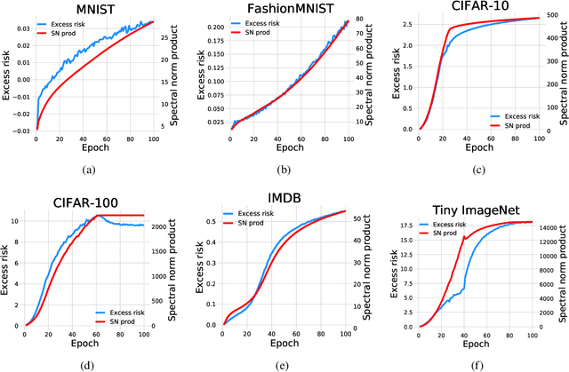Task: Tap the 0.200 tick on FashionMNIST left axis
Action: (x=206, y=28)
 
